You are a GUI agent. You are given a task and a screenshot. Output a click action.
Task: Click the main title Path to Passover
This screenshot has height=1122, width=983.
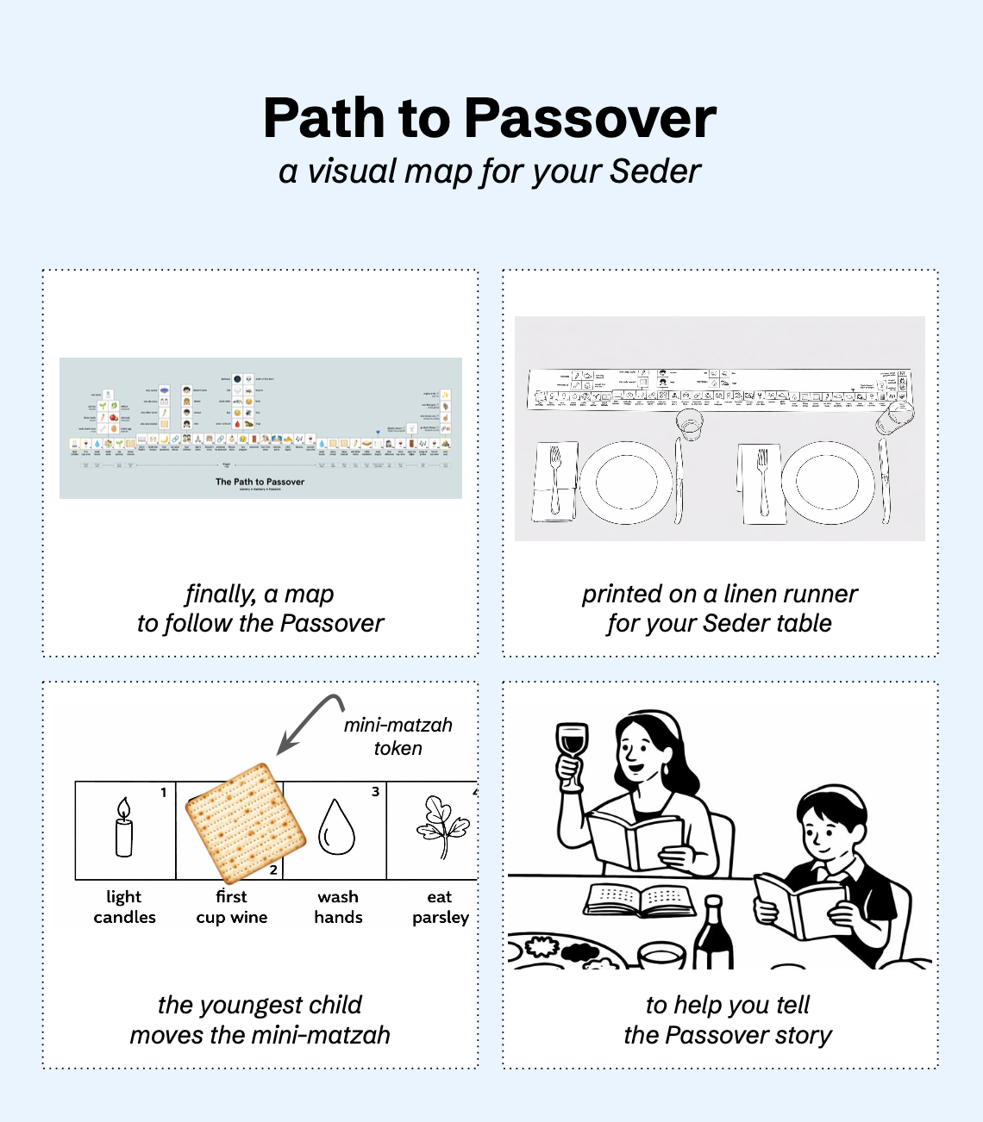(490, 118)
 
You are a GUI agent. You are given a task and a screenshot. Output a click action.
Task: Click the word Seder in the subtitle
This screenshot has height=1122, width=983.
(654, 171)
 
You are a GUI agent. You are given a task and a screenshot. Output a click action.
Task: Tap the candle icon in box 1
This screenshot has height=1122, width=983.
(124, 828)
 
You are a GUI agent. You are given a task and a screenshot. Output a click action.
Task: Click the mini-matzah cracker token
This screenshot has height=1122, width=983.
(246, 824)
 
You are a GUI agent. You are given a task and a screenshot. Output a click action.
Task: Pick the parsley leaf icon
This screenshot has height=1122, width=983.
(442, 827)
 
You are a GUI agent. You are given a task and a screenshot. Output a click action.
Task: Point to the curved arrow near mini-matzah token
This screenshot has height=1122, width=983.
(309, 720)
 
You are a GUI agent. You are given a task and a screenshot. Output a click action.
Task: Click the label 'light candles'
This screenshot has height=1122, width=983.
(124, 907)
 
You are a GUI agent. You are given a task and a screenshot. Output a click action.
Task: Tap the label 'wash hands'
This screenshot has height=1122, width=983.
(338, 907)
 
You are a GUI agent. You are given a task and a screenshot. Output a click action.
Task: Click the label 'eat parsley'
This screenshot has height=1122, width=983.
(440, 907)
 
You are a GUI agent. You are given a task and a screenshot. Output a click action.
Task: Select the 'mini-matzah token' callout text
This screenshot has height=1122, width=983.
(398, 737)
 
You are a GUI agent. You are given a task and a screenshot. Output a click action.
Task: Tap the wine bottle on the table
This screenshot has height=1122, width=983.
(713, 934)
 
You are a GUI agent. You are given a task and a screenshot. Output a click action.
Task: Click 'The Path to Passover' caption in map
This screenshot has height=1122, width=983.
(260, 482)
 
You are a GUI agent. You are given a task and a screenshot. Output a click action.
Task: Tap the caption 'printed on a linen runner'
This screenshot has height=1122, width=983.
(719, 594)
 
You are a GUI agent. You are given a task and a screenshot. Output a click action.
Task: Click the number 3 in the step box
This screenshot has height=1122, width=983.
(375, 791)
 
